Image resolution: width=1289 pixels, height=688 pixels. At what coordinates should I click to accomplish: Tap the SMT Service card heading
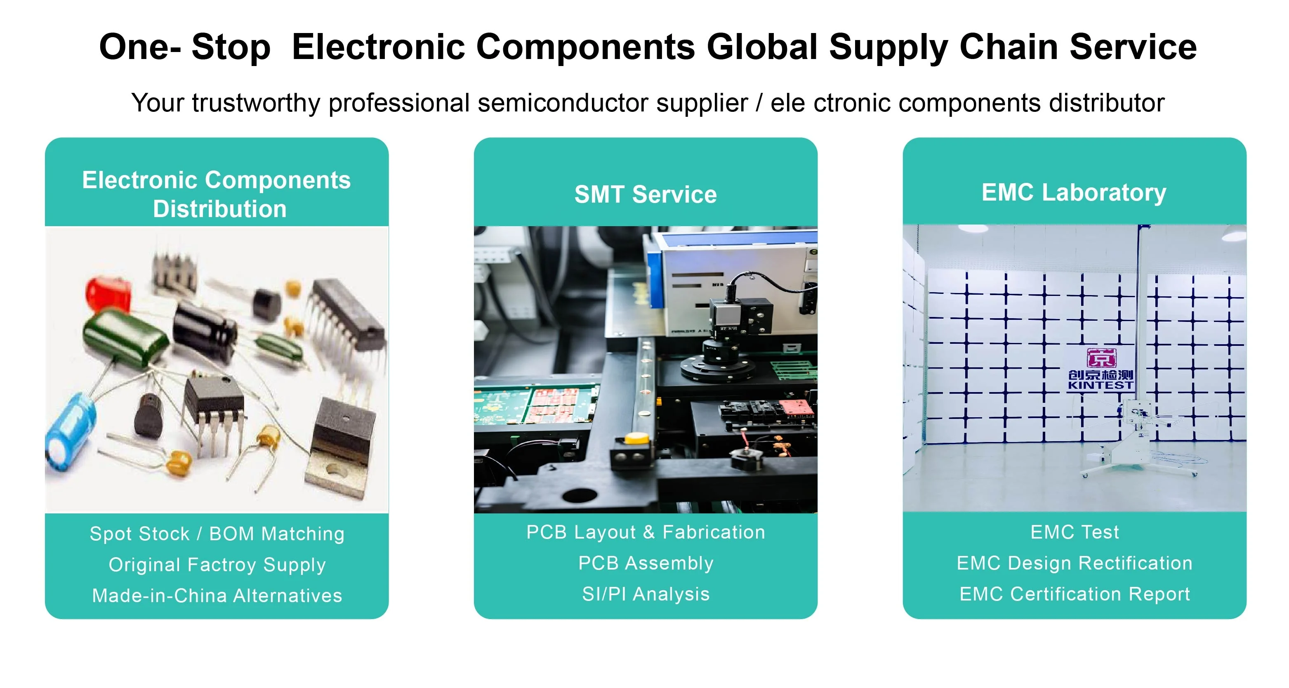(645, 194)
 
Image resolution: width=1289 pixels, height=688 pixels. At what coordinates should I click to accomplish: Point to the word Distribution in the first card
(220, 209)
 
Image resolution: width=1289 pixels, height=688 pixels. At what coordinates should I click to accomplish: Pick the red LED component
(108, 294)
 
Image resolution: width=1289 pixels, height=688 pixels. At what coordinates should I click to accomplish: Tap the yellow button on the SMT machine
(636, 439)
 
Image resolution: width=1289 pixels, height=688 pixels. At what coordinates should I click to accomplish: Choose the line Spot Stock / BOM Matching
(217, 534)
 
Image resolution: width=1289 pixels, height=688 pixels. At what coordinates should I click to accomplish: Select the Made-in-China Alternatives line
(217, 596)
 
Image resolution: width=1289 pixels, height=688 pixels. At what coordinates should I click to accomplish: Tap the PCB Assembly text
(646, 563)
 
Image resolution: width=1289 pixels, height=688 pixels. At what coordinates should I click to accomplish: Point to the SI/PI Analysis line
(646, 594)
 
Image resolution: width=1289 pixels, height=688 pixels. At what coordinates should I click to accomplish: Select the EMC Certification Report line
(1075, 594)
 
